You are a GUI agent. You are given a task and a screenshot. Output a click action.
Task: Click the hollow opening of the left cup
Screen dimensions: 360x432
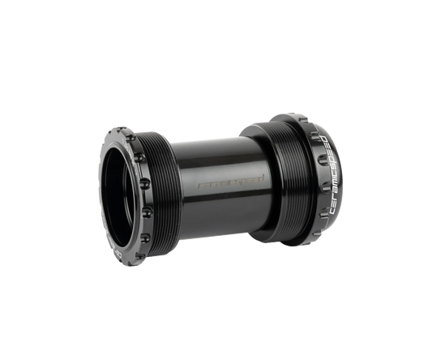(122, 195)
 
